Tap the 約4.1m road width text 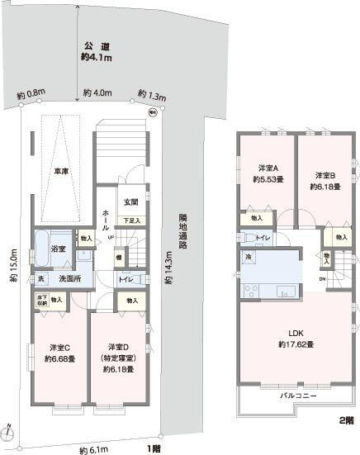(x=97, y=58)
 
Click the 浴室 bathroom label (x=58, y=248)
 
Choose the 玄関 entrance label (x=130, y=202)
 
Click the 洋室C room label (x=59, y=347)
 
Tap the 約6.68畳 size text (x=59, y=359)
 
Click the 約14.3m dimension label (x=168, y=268)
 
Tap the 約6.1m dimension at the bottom (x=93, y=449)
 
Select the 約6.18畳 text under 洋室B (x=326, y=187)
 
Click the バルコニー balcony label (x=294, y=396)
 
